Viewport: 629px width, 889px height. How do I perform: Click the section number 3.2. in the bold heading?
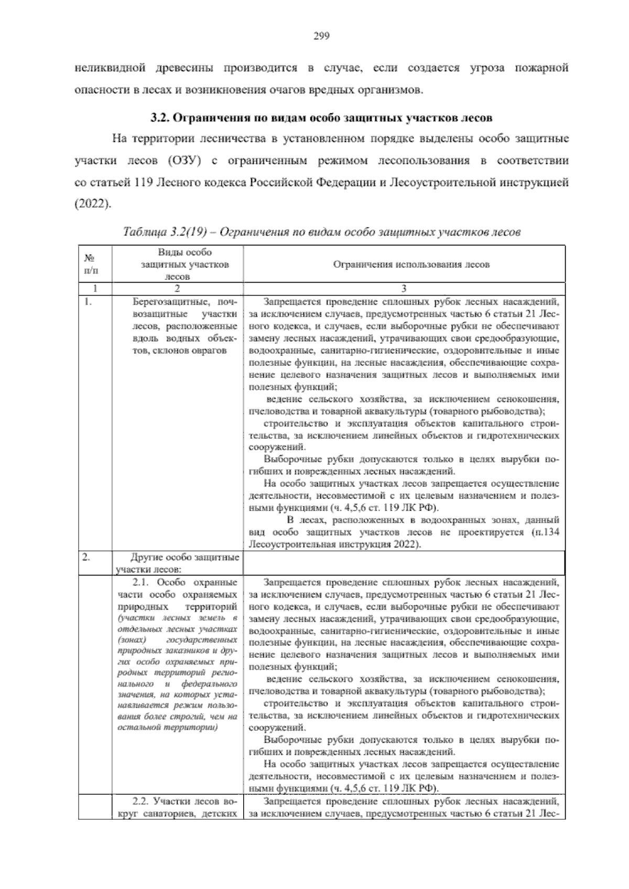[x=160, y=117]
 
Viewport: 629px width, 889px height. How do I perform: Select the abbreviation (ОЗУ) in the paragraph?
[x=185, y=160]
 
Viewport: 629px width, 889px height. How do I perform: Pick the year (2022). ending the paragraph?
[x=93, y=204]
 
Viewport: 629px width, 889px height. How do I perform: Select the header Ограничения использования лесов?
[x=404, y=265]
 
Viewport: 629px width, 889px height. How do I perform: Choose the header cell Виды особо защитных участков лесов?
[x=177, y=265]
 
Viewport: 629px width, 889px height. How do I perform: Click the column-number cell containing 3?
[x=404, y=288]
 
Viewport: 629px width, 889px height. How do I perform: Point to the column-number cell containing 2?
[x=177, y=288]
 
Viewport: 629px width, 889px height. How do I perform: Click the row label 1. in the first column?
[x=88, y=302]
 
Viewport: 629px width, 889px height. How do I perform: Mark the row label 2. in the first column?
[x=87, y=557]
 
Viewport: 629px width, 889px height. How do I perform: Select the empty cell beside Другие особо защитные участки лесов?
[x=404, y=563]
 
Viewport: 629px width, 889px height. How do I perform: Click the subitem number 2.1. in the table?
[x=142, y=582]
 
